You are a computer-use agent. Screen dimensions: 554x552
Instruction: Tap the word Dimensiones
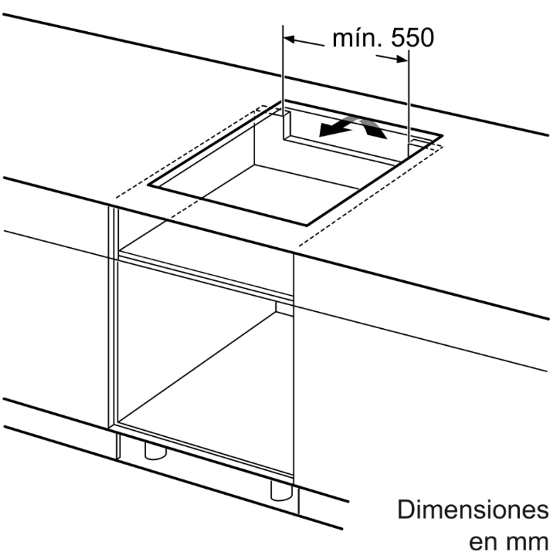coord(473,510)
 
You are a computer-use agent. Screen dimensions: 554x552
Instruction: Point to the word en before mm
coord(484,542)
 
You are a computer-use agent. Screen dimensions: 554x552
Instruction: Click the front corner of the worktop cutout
coord(306,225)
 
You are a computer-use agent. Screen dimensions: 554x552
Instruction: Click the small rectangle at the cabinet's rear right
coord(284,308)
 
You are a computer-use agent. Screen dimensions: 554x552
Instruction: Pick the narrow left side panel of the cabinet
coord(113,317)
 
